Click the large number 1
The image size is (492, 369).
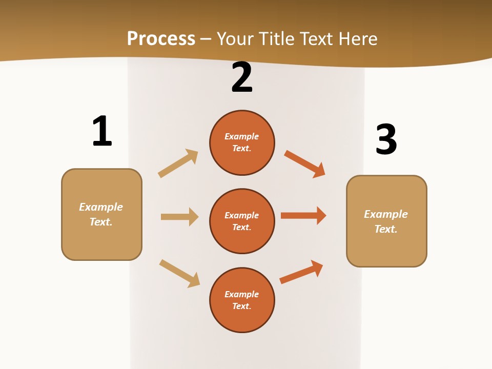(102, 131)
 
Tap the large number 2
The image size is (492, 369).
(242, 78)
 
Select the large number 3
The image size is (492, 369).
(386, 139)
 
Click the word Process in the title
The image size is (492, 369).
(161, 39)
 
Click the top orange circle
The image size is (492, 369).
(242, 142)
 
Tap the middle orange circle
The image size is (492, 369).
(242, 221)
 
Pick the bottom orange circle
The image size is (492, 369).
(242, 300)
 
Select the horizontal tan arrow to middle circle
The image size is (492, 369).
(179, 217)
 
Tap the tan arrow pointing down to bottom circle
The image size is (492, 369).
(179, 273)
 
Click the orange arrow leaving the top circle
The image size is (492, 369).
(304, 164)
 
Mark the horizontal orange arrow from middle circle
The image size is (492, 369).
(303, 216)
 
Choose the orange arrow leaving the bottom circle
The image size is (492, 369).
(301, 272)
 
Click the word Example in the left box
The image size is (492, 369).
(101, 207)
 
